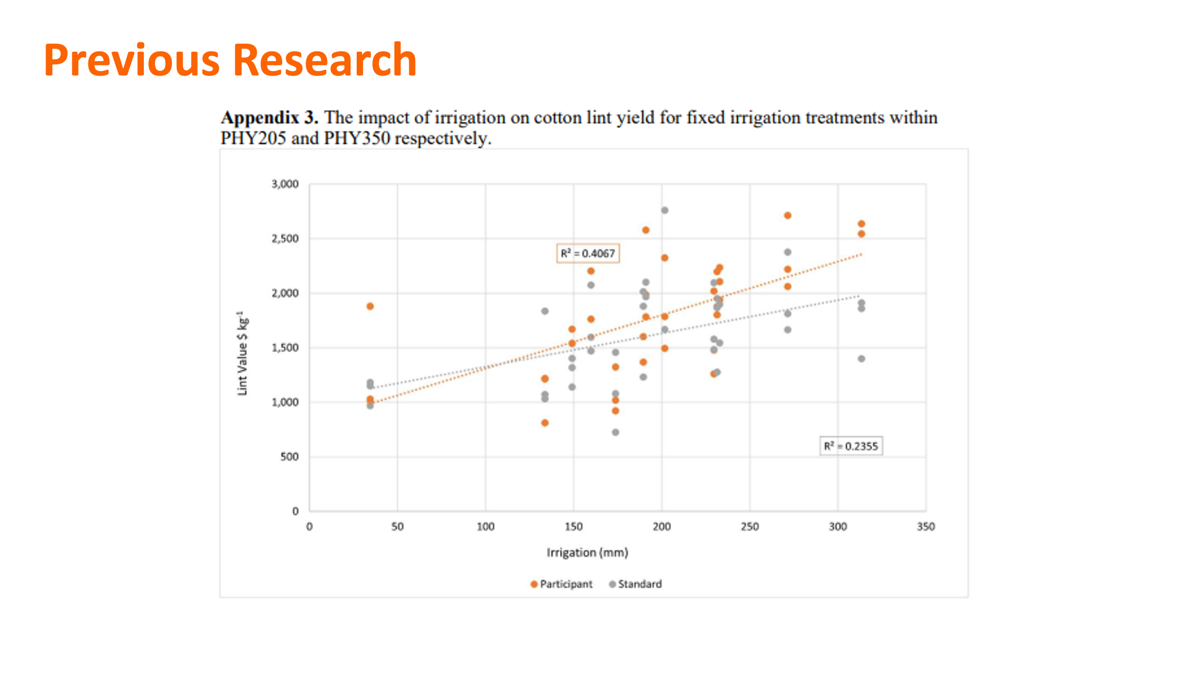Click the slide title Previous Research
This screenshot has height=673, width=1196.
pos(230,60)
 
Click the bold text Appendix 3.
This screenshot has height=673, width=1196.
pos(269,118)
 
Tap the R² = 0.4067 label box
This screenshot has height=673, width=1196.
pos(587,254)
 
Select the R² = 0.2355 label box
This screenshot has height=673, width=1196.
pos(850,446)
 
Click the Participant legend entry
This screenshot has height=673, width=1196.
pos(561,584)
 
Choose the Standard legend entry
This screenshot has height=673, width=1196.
pos(635,584)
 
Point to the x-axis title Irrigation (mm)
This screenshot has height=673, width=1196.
pos(587,552)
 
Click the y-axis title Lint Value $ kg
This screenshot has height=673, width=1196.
pos(242,353)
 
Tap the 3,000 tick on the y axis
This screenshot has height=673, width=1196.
pos(285,184)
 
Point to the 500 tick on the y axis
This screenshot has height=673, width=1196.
pos(289,457)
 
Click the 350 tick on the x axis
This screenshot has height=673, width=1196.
pos(926,527)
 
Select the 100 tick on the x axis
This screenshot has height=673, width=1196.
pos(485,527)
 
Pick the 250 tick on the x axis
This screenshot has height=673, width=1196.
pos(749,527)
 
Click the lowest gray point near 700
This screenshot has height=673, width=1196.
pos(615,432)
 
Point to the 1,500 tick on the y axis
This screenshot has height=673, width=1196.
pos(285,348)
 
